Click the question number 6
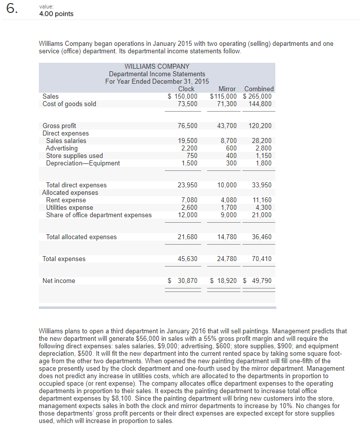coord(10,10)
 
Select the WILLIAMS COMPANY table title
coord(157,66)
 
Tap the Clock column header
coord(186,89)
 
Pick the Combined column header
coord(259,89)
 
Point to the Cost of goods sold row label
coord(69,104)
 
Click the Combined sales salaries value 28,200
coord(262,141)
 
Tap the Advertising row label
coord(62,148)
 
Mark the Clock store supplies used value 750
coord(192,156)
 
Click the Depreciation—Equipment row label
coord(83,163)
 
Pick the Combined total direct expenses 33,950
coord(262,185)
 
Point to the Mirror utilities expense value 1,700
coord(229,208)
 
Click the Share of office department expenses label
coord(99,215)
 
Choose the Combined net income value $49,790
coord(257,281)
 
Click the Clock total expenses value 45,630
coord(187,259)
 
